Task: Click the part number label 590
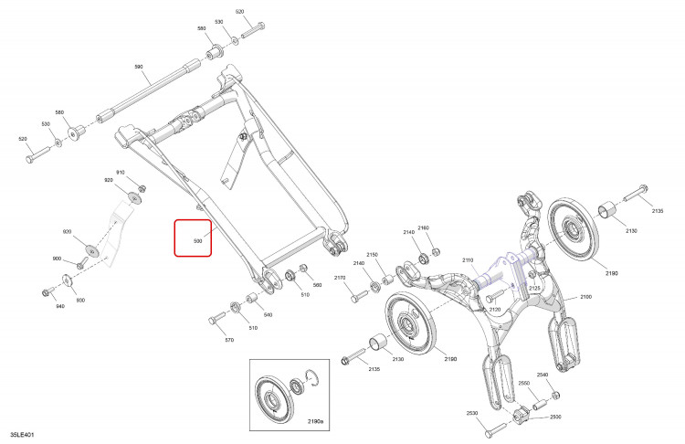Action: pyautogui.click(x=139, y=67)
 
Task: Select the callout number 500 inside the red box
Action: pyautogui.click(x=198, y=241)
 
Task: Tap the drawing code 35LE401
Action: pyautogui.click(x=22, y=435)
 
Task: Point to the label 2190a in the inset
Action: pyautogui.click(x=315, y=422)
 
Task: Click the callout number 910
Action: pyautogui.click(x=121, y=172)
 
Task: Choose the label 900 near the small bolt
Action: pyautogui.click(x=57, y=259)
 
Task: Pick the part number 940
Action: pyautogui.click(x=60, y=306)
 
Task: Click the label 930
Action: pyautogui.click(x=80, y=301)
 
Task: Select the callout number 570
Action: pyautogui.click(x=229, y=340)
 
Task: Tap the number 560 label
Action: pyautogui.click(x=318, y=285)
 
